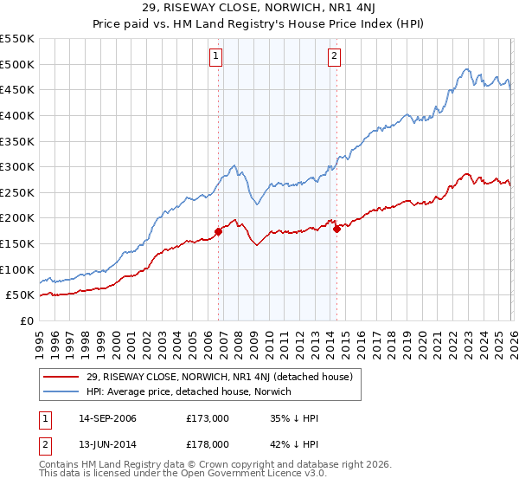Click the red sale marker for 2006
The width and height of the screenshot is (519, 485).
pos(218,230)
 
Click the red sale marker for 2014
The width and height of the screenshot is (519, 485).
pos(336,229)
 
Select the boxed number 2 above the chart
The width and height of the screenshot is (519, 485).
pos(334,57)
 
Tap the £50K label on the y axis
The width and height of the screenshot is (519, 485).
pos(20,295)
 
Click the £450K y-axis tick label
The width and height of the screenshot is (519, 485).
pos(17,89)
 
